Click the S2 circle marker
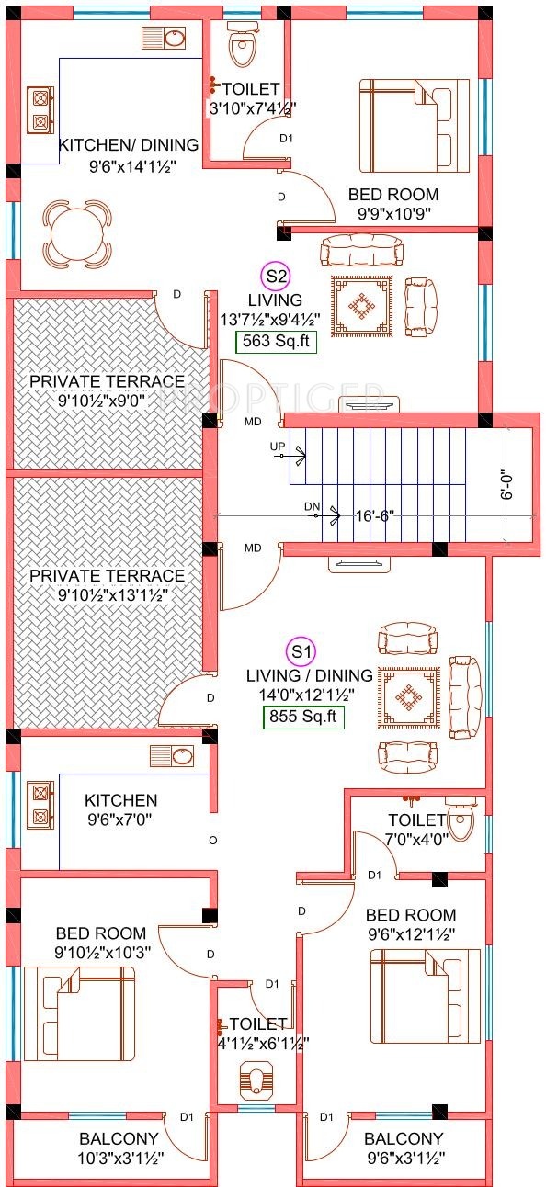pyautogui.click(x=276, y=277)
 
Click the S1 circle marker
pyautogui.click(x=301, y=651)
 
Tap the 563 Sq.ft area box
pyautogui.click(x=276, y=341)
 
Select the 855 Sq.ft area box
pyautogui.click(x=303, y=717)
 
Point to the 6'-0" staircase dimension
pyautogui.click(x=507, y=485)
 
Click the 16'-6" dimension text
pyautogui.click(x=375, y=515)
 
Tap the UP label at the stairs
pyautogui.click(x=278, y=447)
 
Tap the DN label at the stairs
pyautogui.click(x=313, y=506)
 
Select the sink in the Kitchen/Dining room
pyautogui.click(x=164, y=39)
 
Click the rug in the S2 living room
pyautogui.click(x=362, y=306)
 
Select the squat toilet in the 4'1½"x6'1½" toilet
pyautogui.click(x=257, y=1076)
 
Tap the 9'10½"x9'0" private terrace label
pyautogui.click(x=107, y=390)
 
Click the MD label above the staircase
pyautogui.click(x=253, y=422)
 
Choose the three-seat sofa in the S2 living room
pyautogui.click(x=361, y=251)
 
